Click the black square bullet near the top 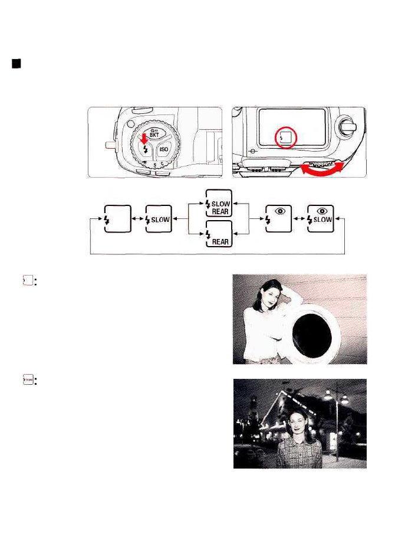point(17,64)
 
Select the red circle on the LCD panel point(286,139)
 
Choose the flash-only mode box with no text point(117,219)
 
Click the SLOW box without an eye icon point(158,219)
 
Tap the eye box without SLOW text point(278,219)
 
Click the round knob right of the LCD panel point(349,126)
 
